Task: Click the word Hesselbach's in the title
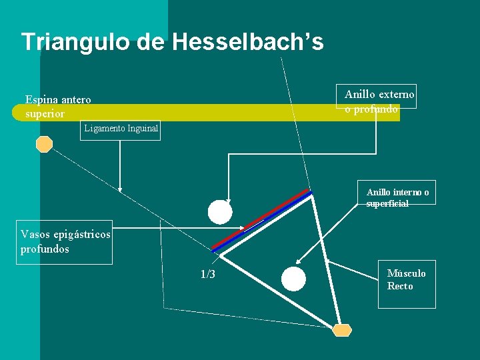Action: pyautogui.click(x=247, y=42)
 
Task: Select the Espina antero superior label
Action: pyautogui.click(x=58, y=107)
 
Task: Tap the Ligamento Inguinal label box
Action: pyautogui.click(x=121, y=129)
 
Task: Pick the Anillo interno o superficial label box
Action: pyautogui.click(x=397, y=198)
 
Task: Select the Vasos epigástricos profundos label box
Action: pyautogui.click(x=65, y=242)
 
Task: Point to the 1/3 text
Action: pyautogui.click(x=207, y=275)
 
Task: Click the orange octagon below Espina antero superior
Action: pyautogui.click(x=44, y=145)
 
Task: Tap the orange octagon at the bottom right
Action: pyautogui.click(x=342, y=330)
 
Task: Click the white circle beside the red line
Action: pyautogui.click(x=220, y=212)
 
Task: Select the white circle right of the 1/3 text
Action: pyautogui.click(x=293, y=279)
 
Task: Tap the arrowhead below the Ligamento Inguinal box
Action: pyautogui.click(x=120, y=189)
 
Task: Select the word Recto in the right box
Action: pyautogui.click(x=400, y=287)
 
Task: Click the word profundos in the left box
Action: pyautogui.click(x=45, y=249)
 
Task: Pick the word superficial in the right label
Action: pyautogui.click(x=387, y=204)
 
